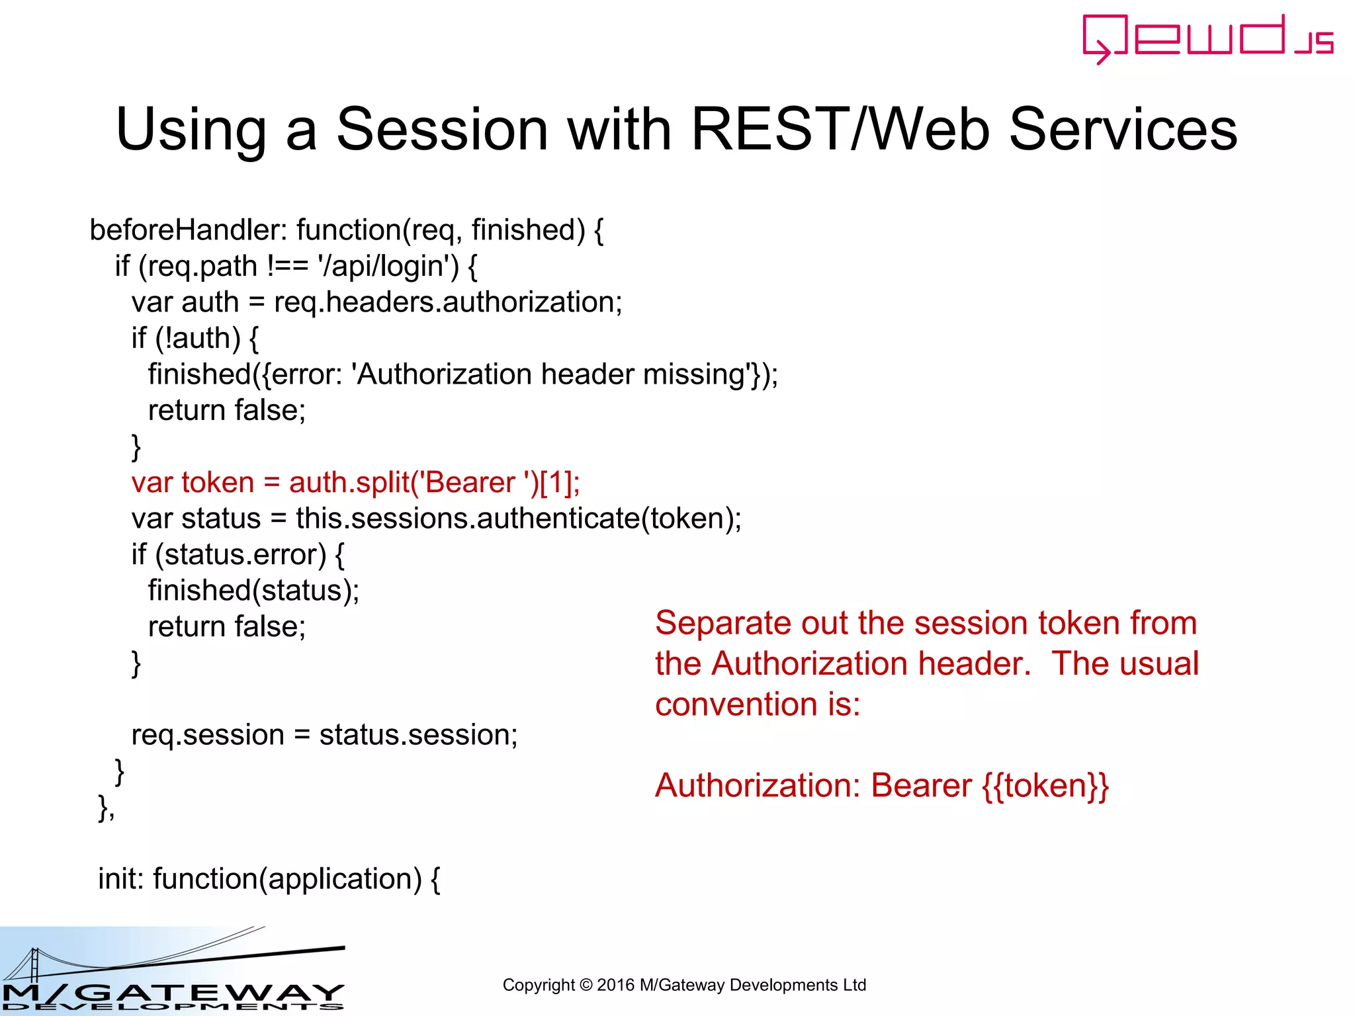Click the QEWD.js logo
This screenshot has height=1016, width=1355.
(x=1208, y=38)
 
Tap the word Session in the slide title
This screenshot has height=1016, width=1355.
(x=442, y=129)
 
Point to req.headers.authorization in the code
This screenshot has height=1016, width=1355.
(x=447, y=302)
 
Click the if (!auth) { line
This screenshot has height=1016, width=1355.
(x=195, y=339)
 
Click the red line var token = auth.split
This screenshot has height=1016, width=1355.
(x=355, y=482)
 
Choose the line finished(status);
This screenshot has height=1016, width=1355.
(x=253, y=591)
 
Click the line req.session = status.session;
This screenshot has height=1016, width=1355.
(x=324, y=735)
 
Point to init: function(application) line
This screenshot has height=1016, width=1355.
(x=269, y=879)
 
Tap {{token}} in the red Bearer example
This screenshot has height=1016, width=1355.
(x=1045, y=786)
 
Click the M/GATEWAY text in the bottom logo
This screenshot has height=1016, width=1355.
(x=172, y=993)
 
